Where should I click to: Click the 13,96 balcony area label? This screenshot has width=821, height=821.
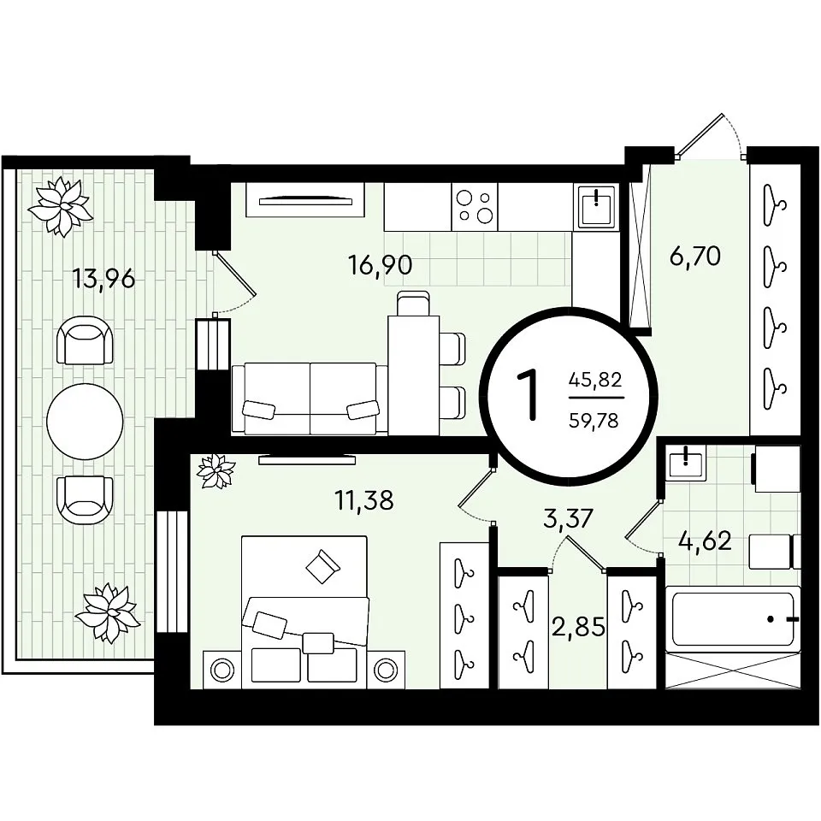[x=103, y=279]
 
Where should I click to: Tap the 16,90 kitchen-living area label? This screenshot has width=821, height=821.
[x=380, y=265]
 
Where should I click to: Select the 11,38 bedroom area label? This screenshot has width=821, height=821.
[x=364, y=500]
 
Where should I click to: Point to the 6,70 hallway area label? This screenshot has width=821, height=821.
[x=695, y=256]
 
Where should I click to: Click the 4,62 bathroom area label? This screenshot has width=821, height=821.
[x=705, y=540]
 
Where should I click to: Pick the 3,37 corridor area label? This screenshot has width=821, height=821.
[x=568, y=518]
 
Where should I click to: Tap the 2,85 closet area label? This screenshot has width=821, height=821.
[x=579, y=626]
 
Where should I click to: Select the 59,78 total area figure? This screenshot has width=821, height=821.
[x=594, y=420]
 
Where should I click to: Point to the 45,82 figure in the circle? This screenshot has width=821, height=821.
[x=595, y=379]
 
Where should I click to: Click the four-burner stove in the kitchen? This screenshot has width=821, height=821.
[x=475, y=207]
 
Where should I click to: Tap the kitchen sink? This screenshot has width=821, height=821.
[x=596, y=207]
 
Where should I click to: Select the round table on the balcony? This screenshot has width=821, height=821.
[x=85, y=421]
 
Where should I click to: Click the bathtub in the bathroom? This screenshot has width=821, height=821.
[x=733, y=619]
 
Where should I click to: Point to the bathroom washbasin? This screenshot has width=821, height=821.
[x=685, y=462]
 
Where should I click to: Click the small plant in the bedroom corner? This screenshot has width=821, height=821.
[x=216, y=470]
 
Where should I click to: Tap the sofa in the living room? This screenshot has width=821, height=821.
[x=310, y=399]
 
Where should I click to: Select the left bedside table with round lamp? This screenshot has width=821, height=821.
[x=221, y=670]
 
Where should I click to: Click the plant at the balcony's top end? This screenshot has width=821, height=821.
[x=61, y=206]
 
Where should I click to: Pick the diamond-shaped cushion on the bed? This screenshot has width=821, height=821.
[x=322, y=565]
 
